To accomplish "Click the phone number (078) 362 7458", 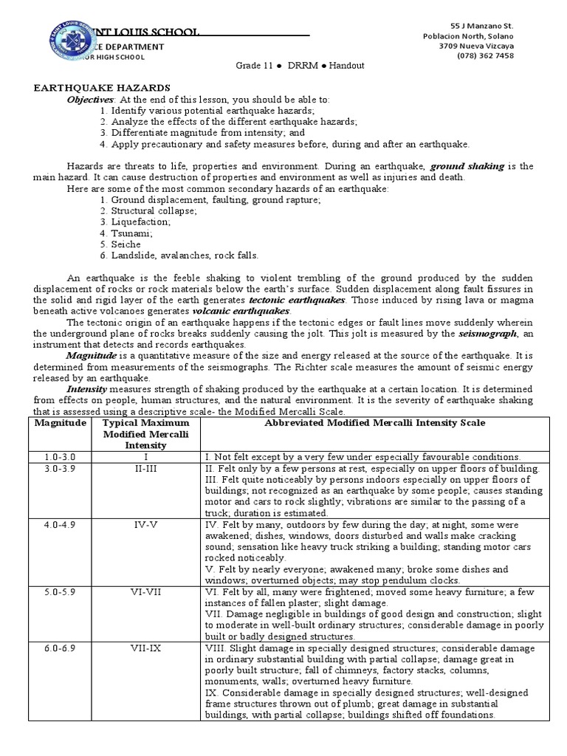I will pos(506,55).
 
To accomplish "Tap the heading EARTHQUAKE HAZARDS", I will pos(103,87).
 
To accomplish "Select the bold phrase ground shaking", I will pos(467,166).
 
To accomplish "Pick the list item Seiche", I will pos(120,244).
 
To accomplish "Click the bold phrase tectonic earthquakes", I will pos(287,300).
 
